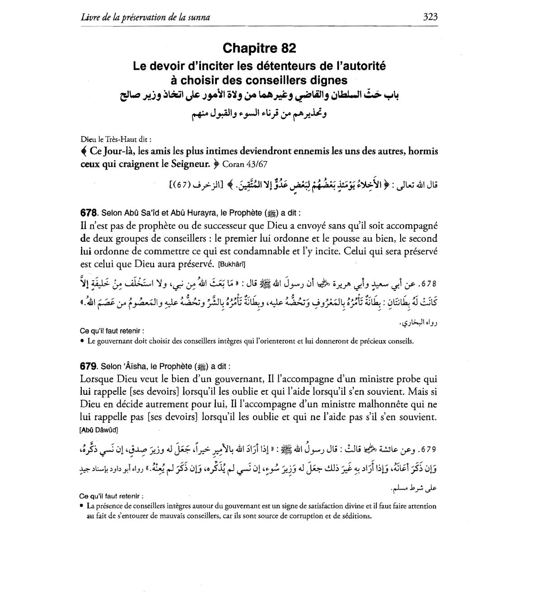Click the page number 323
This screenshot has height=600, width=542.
click(x=430, y=17)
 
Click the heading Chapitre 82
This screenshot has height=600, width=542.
click(x=259, y=48)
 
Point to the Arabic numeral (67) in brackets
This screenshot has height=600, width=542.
click(x=188, y=184)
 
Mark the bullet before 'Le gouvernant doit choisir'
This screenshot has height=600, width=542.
click(x=82, y=342)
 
